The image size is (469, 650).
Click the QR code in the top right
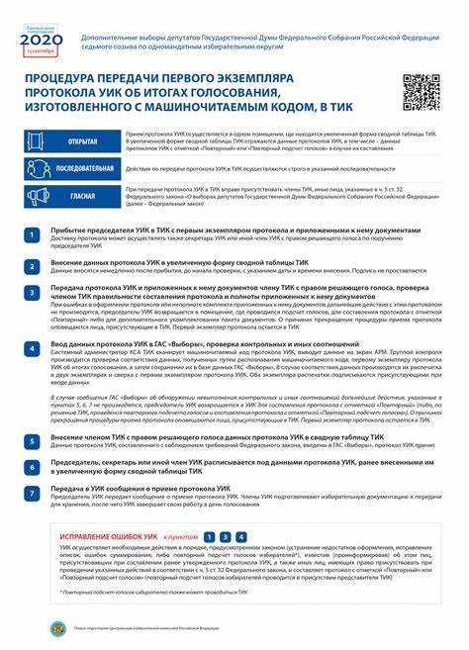coord(421,92)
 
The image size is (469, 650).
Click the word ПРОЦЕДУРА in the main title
coord(70,76)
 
